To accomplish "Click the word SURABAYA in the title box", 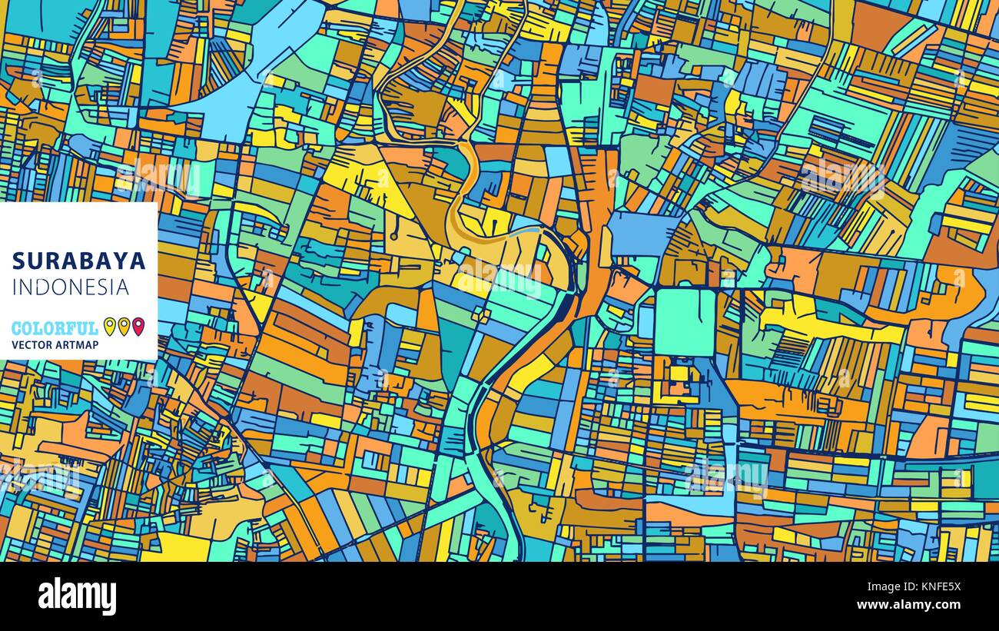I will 78,261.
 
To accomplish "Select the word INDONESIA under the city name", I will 71,287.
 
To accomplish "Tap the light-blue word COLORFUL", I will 55,328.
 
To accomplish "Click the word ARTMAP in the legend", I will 77,345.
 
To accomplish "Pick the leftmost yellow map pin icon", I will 109,327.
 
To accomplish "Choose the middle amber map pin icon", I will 124,327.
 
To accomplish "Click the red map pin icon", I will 138,327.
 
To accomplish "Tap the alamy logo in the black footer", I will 77,596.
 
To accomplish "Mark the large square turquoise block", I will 685,321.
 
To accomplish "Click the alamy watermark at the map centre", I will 499,277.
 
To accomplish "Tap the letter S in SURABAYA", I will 18,261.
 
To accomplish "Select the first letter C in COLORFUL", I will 17,328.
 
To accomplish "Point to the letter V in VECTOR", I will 15,345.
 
